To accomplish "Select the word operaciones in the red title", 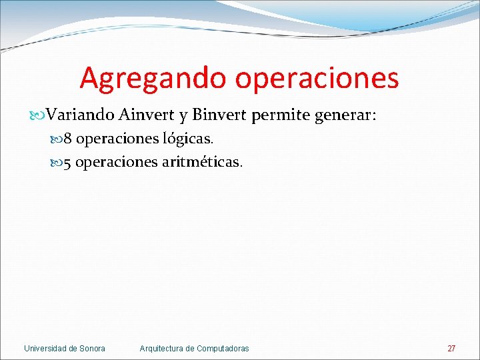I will [317, 79].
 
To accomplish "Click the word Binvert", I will [220, 115].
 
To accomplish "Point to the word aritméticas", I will [203, 162].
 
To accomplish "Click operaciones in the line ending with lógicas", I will [117, 139].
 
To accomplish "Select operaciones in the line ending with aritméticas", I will [117, 162].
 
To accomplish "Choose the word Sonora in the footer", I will [92, 349].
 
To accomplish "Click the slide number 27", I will [451, 349].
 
